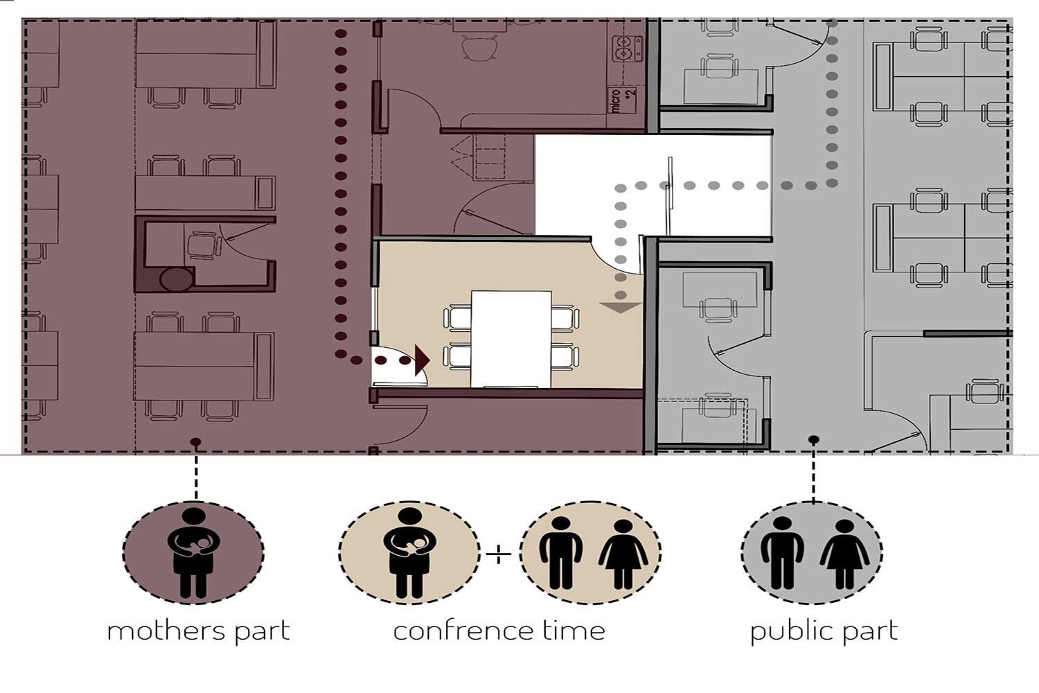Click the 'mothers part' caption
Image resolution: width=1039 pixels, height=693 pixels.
tap(198, 632)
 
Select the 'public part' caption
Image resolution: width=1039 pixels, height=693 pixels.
tap(824, 632)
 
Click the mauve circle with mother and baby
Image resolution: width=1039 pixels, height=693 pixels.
tap(193, 553)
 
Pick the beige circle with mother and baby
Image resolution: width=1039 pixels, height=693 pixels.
tap(409, 553)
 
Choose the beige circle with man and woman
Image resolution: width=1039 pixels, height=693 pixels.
tap(590, 553)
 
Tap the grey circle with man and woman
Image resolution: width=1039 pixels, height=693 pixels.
tap(812, 553)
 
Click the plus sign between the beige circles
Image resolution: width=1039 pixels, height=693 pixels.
tap(499, 554)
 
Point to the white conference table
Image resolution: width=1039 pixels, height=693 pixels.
tap(511, 339)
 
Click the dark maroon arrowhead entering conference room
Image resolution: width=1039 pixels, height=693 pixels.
tap(422, 360)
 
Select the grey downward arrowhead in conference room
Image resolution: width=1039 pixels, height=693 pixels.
tap(620, 308)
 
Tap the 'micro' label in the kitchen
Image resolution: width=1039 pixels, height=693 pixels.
tap(616, 100)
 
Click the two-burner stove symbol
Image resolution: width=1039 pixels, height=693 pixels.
tap(628, 49)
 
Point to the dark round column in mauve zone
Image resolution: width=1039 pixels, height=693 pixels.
tap(176, 279)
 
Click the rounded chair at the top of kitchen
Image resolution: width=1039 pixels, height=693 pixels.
tap(480, 48)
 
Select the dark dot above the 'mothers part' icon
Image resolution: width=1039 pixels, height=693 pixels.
tap(196, 441)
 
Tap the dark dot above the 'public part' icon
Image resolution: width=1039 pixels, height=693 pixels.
tap(814, 439)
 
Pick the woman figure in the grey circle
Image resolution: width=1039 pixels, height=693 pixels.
tap(844, 554)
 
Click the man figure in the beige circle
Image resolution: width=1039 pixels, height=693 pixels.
tap(561, 552)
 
